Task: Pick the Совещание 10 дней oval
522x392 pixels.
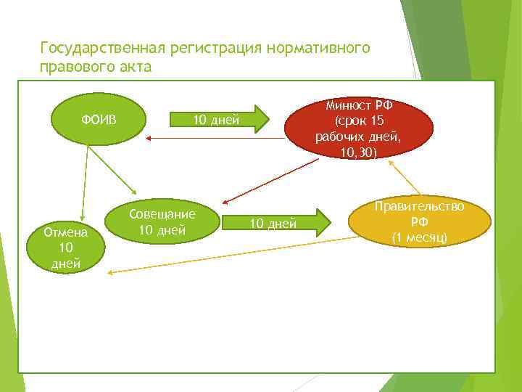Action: pyautogui.click(x=162, y=222)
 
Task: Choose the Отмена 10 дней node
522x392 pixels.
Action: pyautogui.click(x=66, y=245)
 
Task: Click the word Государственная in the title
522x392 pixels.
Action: pyautogui.click(x=102, y=48)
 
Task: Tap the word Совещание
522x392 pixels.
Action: pyautogui.click(x=162, y=214)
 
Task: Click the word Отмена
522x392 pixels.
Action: pyautogui.click(x=66, y=232)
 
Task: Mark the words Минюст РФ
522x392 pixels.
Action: pyautogui.click(x=358, y=105)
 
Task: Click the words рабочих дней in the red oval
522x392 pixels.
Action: pyautogui.click(x=358, y=137)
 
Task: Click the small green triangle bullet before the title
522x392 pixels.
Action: pyautogui.click(x=28, y=49)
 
